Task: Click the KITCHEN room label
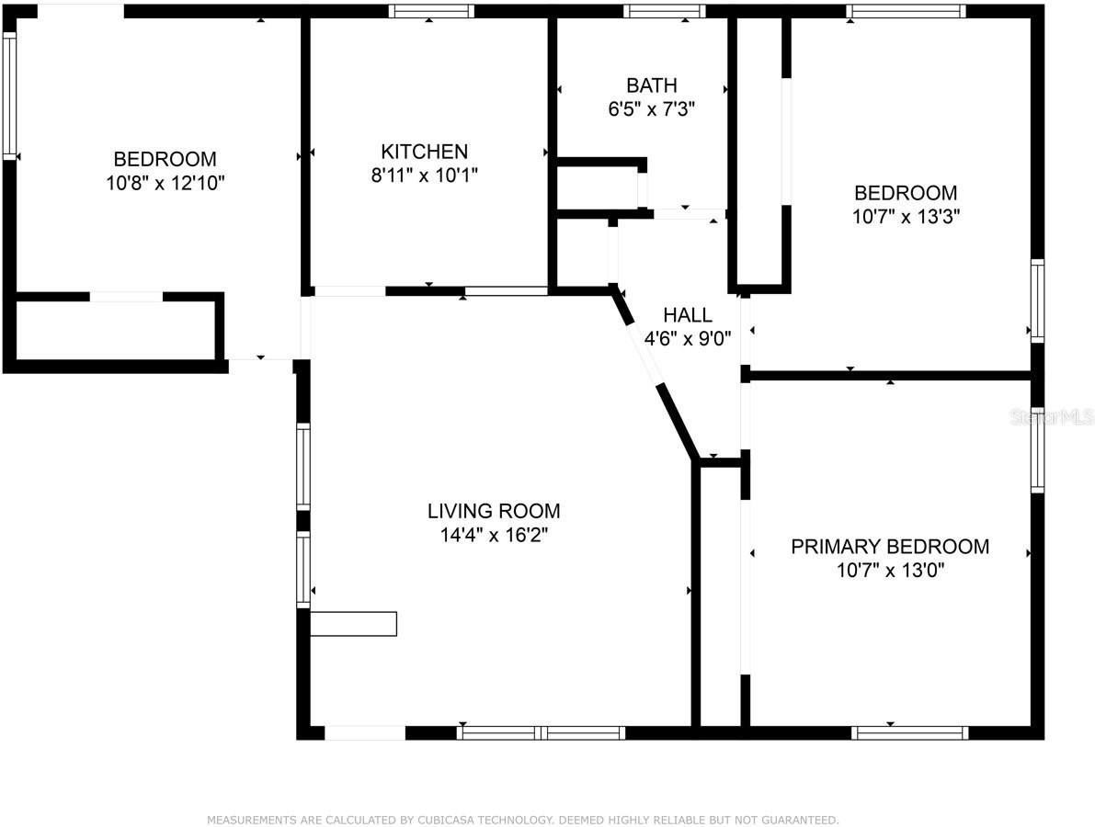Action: coord(424,152)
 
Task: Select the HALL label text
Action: coord(688,314)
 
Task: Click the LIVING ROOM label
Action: coord(493,511)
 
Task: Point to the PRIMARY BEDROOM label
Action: coord(890,547)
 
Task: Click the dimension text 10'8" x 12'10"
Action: coord(165,183)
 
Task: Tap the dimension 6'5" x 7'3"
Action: coord(651,108)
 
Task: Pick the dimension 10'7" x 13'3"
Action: coord(905,217)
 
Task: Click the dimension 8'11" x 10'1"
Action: coord(424,176)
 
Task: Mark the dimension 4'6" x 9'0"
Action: coord(688,338)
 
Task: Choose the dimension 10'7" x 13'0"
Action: coord(890,571)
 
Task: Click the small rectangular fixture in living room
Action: coord(353,624)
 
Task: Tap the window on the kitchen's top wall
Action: coord(430,12)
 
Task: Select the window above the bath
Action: coord(664,12)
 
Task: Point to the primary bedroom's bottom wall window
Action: coord(909,732)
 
